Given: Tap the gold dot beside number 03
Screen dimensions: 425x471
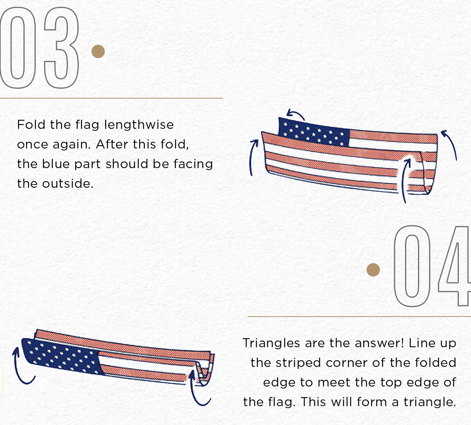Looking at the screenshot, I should click(98, 51).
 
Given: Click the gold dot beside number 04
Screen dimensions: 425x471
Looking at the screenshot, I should click(373, 269).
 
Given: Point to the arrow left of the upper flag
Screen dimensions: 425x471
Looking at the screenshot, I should click(253, 157).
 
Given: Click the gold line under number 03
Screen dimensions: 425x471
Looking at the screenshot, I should click(111, 98).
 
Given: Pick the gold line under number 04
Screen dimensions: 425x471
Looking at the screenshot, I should click(359, 316).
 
